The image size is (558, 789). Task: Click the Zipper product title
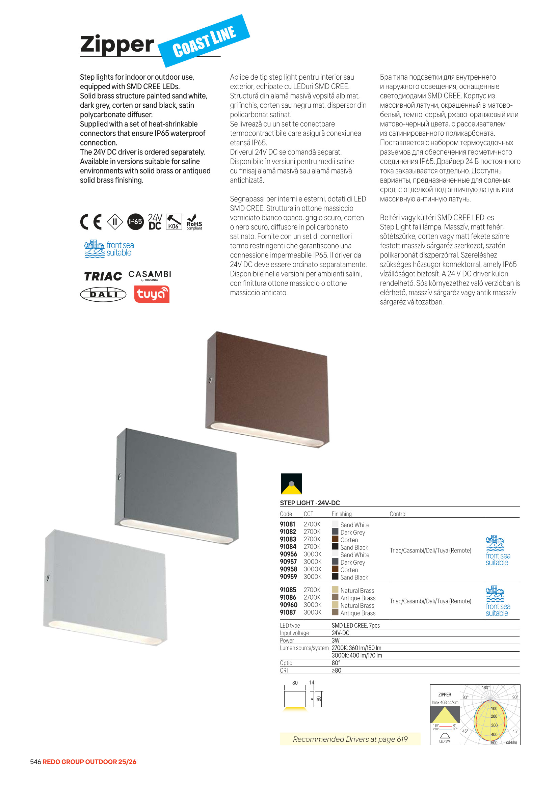click(x=117, y=44)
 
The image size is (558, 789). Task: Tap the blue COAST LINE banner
click(x=204, y=41)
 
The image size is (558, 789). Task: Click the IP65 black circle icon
click(x=135, y=222)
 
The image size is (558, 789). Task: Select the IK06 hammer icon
click(x=174, y=222)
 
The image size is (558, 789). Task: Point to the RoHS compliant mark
click(x=194, y=222)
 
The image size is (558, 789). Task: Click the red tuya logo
click(x=152, y=294)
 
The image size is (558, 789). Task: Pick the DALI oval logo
click(x=103, y=294)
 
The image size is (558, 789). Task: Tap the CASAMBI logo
click(x=150, y=275)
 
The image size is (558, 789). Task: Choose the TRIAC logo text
click(x=103, y=276)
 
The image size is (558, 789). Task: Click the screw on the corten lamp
click(x=210, y=380)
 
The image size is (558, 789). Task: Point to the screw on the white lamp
click(x=48, y=578)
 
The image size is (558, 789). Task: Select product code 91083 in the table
click(x=288, y=539)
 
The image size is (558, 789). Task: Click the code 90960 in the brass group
click(x=288, y=605)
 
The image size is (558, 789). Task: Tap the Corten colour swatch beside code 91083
click(x=335, y=539)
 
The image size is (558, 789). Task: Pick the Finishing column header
click(x=341, y=514)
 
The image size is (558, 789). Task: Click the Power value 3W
click(x=336, y=641)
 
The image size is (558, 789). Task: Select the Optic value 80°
click(x=336, y=663)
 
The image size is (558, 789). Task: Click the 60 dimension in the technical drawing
click(x=319, y=699)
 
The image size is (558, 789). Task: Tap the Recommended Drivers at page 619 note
click(x=350, y=739)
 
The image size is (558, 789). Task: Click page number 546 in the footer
click(x=35, y=762)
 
